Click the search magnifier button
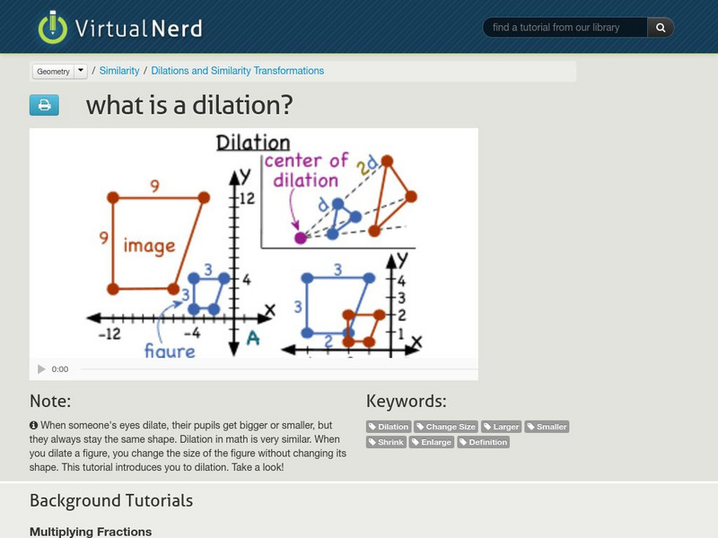(x=661, y=28)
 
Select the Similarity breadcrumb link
(x=119, y=71)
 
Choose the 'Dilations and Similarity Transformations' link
(x=238, y=71)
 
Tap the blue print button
(x=44, y=105)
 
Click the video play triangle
(x=41, y=369)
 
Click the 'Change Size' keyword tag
(x=446, y=427)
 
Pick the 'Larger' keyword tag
(x=502, y=427)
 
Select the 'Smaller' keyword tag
(x=547, y=427)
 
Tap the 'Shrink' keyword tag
(x=387, y=442)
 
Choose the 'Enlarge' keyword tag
(x=433, y=442)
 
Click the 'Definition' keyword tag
(x=483, y=442)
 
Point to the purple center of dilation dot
(x=301, y=238)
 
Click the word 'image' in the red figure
(x=149, y=245)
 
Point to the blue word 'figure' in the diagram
(x=170, y=349)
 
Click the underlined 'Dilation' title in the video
(x=253, y=143)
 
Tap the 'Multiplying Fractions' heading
(x=91, y=532)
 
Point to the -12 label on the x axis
(x=109, y=334)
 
